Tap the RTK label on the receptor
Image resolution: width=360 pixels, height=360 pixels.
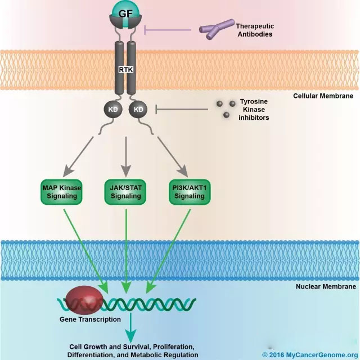coord(125,70)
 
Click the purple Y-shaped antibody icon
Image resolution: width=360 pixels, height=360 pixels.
coord(216,29)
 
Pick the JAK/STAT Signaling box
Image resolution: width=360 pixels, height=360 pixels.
coord(125,192)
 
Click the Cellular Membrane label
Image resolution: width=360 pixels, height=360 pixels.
coord(323,96)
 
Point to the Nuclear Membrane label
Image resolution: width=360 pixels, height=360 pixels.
coord(325,287)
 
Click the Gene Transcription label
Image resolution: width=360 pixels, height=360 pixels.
coord(90,319)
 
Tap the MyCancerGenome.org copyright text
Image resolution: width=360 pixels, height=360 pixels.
coord(310,355)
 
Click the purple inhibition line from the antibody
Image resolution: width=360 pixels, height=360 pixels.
coord(169,30)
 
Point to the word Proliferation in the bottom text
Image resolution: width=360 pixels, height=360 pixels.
coord(175,346)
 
